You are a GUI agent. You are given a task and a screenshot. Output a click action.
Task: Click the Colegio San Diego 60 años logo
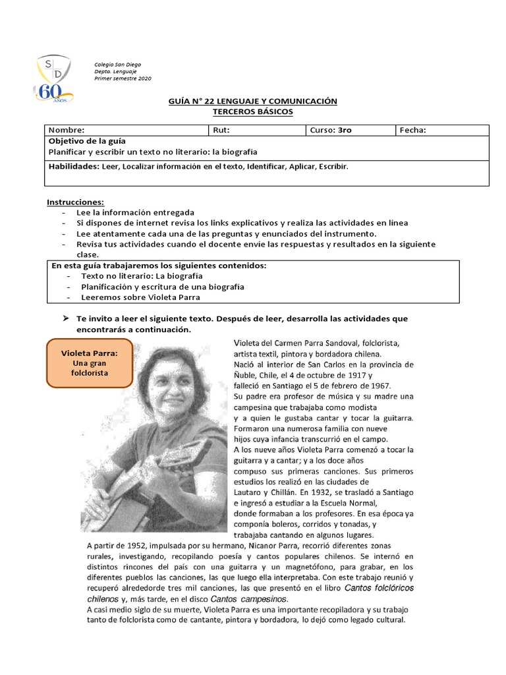click(x=54, y=79)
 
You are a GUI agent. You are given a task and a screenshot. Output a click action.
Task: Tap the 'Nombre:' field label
click(x=66, y=130)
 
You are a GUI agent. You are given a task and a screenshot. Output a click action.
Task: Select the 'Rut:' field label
click(x=221, y=130)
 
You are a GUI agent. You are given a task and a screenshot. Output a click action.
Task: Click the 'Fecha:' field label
click(x=413, y=130)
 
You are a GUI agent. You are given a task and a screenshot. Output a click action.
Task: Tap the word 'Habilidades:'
click(x=73, y=166)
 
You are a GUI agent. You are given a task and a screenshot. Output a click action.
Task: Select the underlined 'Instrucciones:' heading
click(x=75, y=202)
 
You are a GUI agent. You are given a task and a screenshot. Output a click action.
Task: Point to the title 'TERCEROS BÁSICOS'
click(x=252, y=112)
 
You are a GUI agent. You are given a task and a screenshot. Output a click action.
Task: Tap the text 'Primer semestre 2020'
click(x=123, y=78)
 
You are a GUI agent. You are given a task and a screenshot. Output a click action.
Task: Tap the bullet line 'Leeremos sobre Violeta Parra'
click(x=140, y=297)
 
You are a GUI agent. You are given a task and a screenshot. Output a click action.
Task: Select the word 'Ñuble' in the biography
click(x=246, y=374)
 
